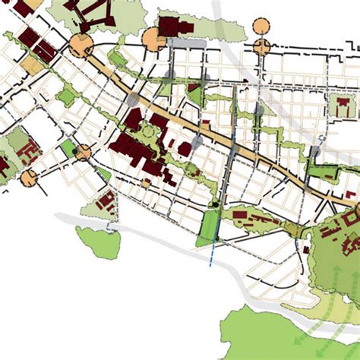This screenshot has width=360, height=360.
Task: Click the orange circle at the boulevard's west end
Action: [x=80, y=45]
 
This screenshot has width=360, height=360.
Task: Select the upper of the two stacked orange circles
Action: [x=261, y=24]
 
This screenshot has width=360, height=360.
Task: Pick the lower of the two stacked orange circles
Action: [x=261, y=47]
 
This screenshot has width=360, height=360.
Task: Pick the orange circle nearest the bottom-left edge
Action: [x=29, y=178]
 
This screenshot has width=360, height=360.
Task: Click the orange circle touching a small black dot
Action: [x=83, y=152]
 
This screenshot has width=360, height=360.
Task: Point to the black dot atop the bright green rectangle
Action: [x=216, y=203]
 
